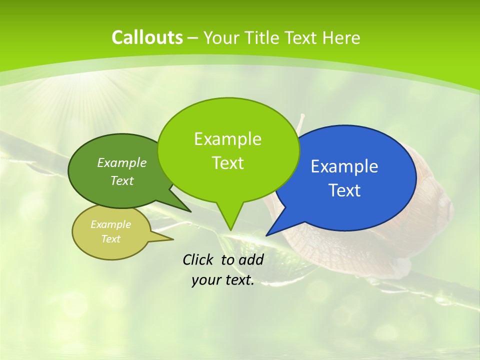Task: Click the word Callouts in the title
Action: click(x=147, y=37)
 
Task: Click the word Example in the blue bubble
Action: click(x=344, y=166)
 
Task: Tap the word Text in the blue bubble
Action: click(x=344, y=190)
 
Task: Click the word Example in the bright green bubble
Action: click(x=227, y=138)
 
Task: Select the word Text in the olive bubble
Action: click(x=111, y=239)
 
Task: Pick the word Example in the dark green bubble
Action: click(x=121, y=162)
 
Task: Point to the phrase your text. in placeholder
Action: click(x=223, y=280)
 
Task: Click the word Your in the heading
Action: click(x=220, y=37)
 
